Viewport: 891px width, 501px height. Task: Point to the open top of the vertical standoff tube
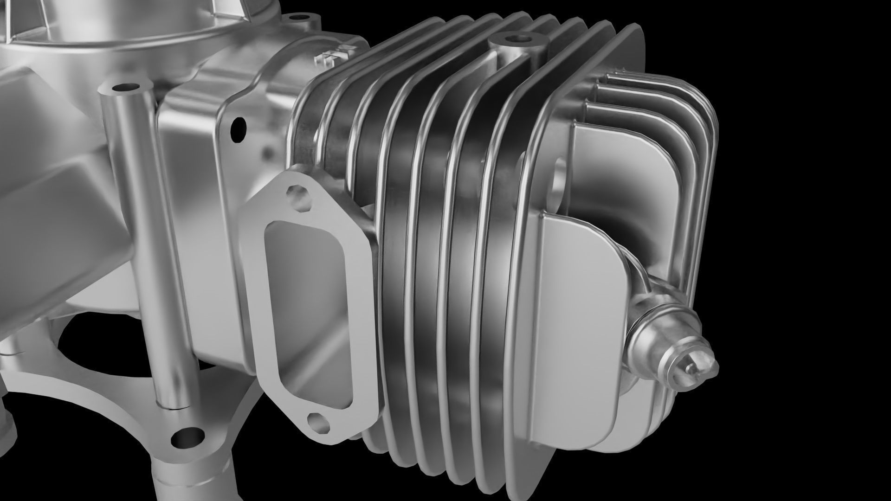126,87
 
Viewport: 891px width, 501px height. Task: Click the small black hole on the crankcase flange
238,129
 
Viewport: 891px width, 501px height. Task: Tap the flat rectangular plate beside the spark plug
575,334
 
